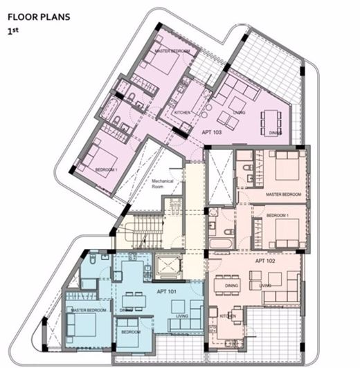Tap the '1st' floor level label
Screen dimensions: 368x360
click(12, 31)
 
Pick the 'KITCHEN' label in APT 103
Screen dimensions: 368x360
click(182, 111)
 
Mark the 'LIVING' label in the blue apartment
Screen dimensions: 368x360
click(183, 317)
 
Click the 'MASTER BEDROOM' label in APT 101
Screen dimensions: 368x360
click(89, 311)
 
